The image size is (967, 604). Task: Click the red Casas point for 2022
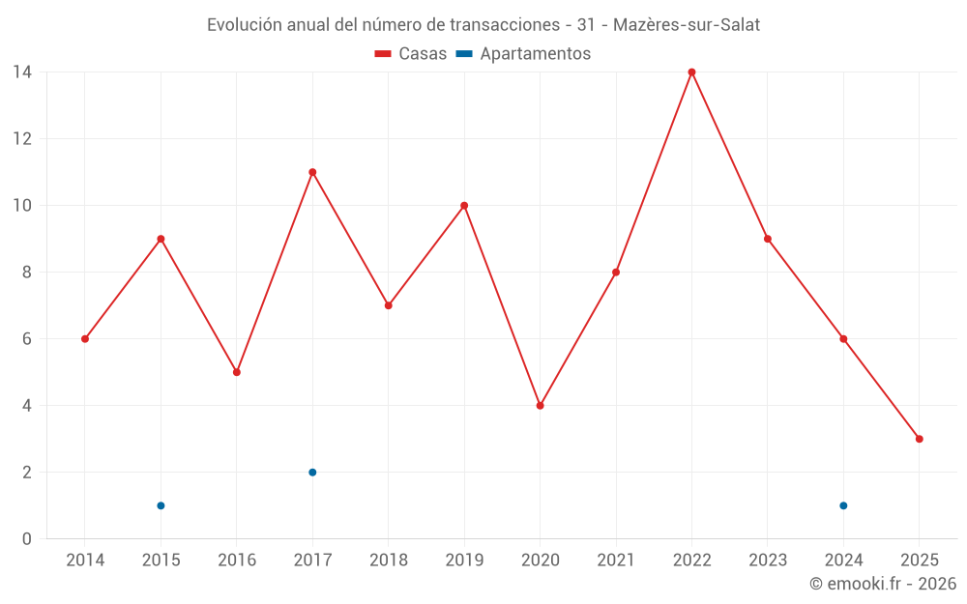[691, 72]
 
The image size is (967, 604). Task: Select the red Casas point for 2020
[540, 406]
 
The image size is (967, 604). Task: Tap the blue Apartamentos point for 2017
[312, 473]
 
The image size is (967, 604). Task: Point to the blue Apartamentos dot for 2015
[161, 505]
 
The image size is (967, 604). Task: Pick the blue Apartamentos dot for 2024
[843, 505]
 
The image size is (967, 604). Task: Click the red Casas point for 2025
[919, 439]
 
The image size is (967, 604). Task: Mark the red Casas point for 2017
[312, 172]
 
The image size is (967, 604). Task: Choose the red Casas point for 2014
[85, 339]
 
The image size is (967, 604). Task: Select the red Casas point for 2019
[464, 205]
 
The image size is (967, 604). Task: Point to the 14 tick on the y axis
[21, 72]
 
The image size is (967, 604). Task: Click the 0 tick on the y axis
[26, 539]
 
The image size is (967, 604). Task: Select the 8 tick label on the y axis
[26, 273]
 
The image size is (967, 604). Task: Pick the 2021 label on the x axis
[616, 560]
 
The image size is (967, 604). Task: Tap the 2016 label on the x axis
[237, 560]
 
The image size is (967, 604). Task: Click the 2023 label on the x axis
[768, 560]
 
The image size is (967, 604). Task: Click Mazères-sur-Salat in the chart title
[687, 25]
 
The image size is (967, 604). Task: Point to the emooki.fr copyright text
[882, 584]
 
